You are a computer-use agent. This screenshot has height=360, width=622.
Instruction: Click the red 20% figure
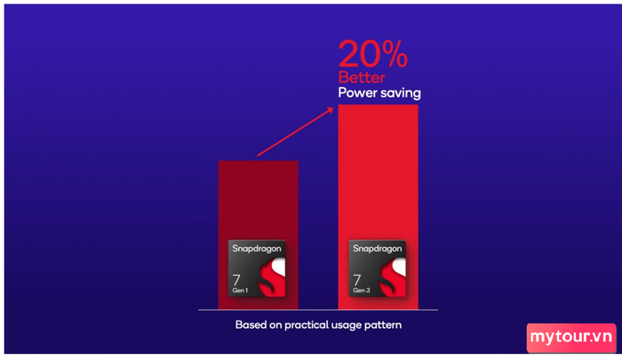point(373,53)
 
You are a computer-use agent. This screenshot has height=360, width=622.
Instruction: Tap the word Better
point(362,77)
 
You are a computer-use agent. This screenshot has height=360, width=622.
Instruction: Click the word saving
point(400,93)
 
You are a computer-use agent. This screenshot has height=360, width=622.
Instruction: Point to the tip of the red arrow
point(333,108)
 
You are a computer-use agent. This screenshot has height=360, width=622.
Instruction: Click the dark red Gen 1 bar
point(259,235)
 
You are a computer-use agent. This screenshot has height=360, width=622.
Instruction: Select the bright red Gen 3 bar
point(378,207)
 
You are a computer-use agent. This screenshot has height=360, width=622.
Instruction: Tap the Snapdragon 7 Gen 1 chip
point(257,268)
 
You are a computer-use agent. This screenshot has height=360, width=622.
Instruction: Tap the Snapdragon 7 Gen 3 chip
point(378,268)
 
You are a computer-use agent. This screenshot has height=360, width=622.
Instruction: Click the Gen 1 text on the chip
point(240,290)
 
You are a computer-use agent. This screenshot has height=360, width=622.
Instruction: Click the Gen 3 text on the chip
point(362,290)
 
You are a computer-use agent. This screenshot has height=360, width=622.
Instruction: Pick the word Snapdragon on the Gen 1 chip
point(257,249)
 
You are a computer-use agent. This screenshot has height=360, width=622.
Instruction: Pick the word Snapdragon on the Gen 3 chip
point(378,249)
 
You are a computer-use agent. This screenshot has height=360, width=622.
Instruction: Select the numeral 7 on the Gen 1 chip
point(236,280)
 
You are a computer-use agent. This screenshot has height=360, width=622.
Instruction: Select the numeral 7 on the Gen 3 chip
point(357,280)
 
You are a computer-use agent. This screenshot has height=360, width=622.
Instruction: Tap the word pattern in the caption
point(385,325)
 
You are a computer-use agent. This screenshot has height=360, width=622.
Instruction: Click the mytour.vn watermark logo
point(571,338)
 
